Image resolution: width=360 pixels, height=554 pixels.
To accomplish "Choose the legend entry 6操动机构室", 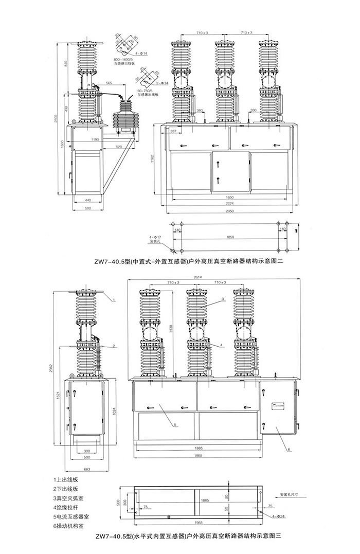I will tap(73, 525).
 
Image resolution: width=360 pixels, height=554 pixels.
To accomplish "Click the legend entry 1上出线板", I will tap(70, 479).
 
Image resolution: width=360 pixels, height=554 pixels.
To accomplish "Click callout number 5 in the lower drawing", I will tap(175, 425).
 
